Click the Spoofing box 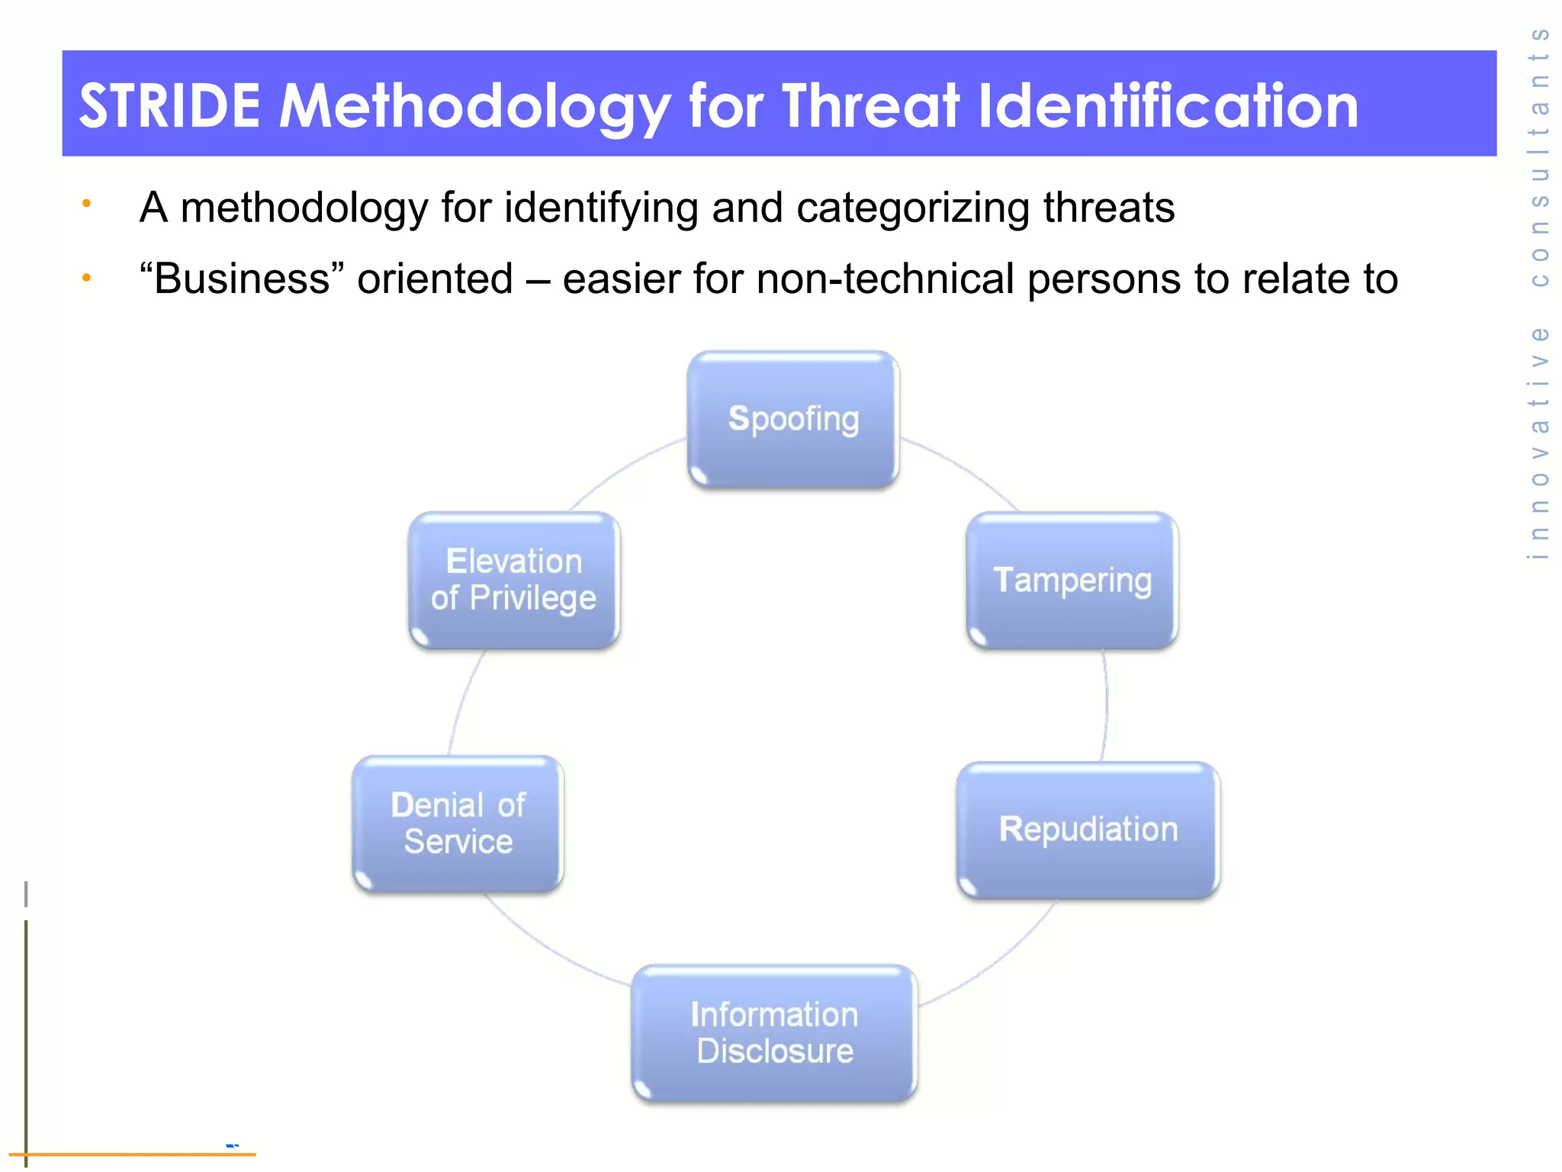coord(793,420)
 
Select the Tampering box coord(1072,581)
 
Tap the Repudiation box coord(1088,829)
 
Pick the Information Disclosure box coord(774,1033)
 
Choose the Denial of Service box coord(458,823)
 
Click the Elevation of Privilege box coord(514,580)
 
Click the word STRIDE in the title coord(169,105)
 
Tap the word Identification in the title coord(1168,105)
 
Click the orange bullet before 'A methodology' coord(87,204)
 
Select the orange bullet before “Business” coord(87,278)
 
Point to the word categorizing coord(912,208)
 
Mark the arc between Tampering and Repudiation coord(1106,706)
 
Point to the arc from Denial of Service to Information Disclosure coord(549,946)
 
